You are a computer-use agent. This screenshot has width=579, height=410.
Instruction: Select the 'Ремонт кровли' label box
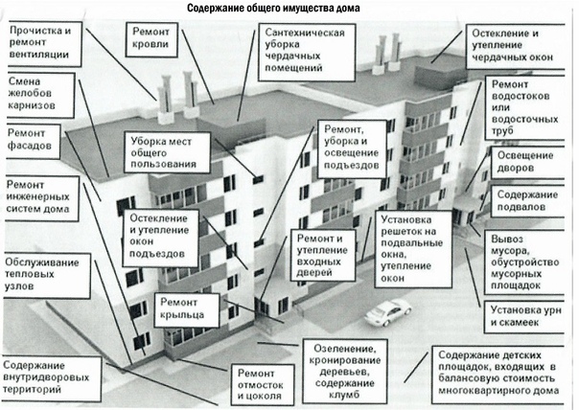tap(153, 39)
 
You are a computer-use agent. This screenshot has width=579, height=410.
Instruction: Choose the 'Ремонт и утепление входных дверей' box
tap(325, 253)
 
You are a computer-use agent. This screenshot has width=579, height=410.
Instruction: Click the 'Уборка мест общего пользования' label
tap(163, 151)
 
